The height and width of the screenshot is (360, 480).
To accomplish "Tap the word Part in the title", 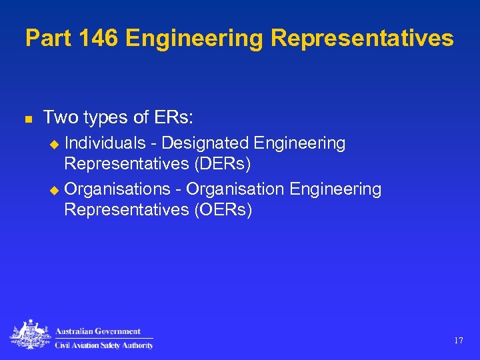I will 49,38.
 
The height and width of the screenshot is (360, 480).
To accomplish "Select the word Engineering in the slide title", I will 195,39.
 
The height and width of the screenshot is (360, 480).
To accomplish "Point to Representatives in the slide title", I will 362,38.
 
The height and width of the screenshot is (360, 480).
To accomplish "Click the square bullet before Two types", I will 28,119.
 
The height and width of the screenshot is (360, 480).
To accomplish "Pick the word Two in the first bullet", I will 59,118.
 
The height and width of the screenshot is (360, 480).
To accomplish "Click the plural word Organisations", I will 117,190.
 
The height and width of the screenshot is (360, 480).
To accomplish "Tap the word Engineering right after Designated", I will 299,143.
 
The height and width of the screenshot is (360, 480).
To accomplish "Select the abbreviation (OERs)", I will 219,210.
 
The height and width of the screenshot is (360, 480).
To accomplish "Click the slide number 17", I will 459,341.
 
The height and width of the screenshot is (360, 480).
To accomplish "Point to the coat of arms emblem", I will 29,335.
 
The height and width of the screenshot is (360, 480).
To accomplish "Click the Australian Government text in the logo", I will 98,331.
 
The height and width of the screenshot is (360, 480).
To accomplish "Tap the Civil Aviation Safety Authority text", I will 104,345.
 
